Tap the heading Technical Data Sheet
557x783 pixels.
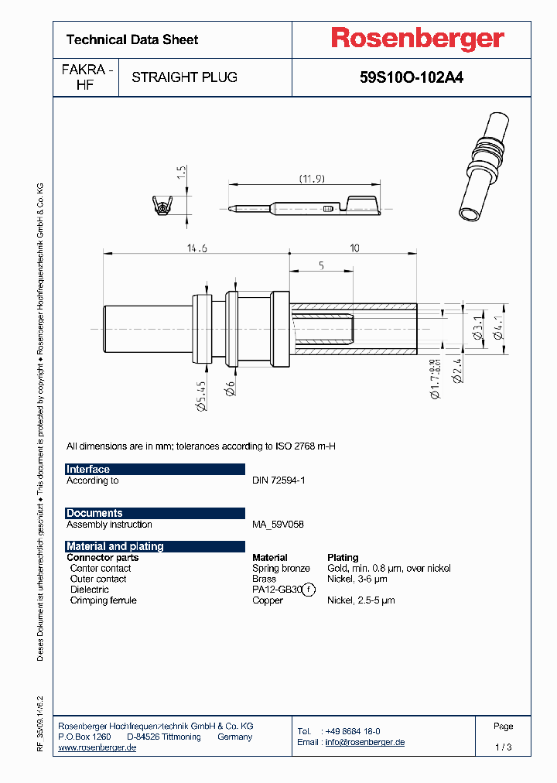click(x=132, y=39)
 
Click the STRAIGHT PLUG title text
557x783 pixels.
click(x=184, y=77)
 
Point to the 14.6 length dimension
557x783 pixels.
click(x=196, y=248)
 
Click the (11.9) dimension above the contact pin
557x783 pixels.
click(x=312, y=179)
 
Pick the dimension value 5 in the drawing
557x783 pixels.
click(x=320, y=265)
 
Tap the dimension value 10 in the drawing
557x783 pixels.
click(x=355, y=248)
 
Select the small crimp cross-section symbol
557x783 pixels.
click(x=160, y=206)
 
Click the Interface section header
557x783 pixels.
click(x=88, y=470)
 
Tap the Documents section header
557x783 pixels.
click(x=94, y=513)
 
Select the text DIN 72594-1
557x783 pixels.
click(x=278, y=480)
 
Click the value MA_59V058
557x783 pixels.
click(x=278, y=525)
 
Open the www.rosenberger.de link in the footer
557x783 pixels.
click(x=97, y=747)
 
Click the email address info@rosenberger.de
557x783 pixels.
click(x=364, y=742)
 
